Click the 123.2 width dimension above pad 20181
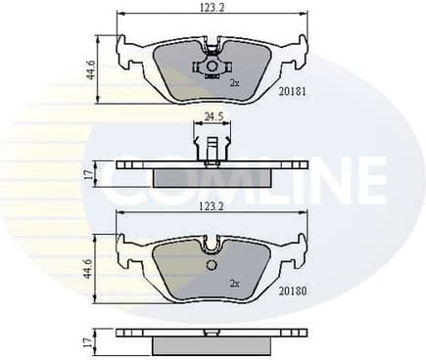coord(213,8)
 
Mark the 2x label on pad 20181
coord(234,84)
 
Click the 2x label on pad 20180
coord(234,283)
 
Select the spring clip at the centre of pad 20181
coord(211,67)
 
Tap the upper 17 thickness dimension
coord(87,175)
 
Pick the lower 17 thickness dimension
coord(87,341)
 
